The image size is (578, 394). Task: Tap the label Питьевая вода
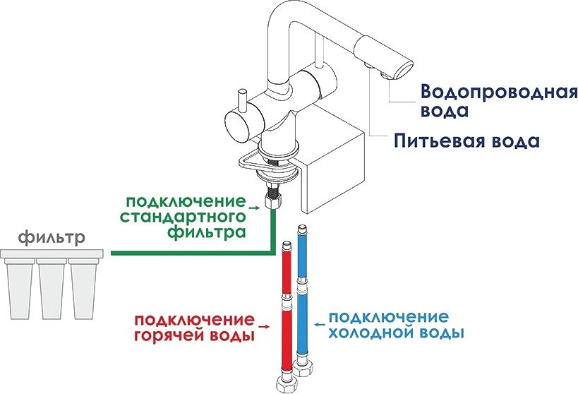pyautogui.click(x=467, y=141)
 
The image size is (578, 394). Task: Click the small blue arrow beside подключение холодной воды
pyautogui.click(x=319, y=323)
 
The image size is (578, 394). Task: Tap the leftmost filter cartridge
pyautogui.click(x=21, y=289)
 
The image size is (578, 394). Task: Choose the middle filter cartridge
pyautogui.click(x=52, y=289)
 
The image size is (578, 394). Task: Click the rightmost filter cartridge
pyautogui.click(x=83, y=289)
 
